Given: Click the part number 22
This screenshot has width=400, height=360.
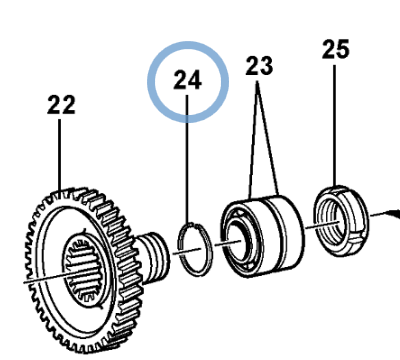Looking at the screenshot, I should (x=62, y=104).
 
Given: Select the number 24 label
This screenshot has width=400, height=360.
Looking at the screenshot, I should (x=188, y=80).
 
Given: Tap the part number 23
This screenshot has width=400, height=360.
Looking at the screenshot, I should (x=259, y=67).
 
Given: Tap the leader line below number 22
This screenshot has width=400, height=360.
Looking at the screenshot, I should (x=63, y=150).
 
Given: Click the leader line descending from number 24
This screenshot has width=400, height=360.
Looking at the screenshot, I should (x=188, y=160).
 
